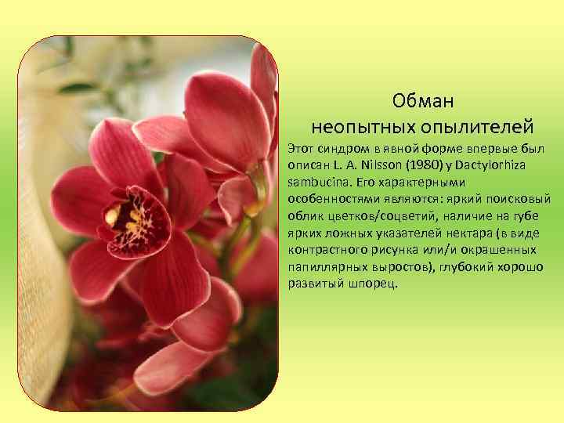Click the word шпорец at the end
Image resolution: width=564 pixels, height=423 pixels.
370,284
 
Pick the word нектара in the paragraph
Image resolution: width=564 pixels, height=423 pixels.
467,232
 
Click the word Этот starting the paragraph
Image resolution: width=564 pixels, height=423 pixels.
300,147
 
